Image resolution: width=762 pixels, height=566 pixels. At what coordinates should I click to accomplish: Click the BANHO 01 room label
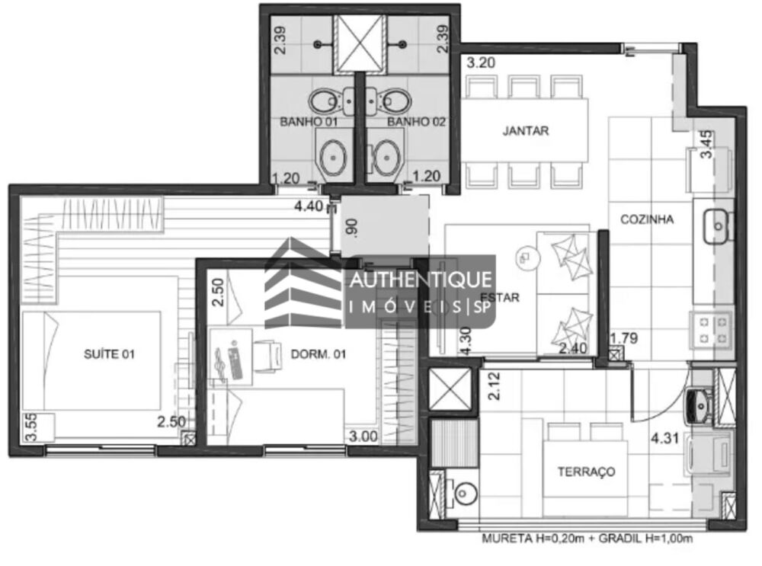point(309,121)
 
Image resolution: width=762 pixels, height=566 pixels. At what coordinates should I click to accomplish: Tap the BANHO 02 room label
point(415,121)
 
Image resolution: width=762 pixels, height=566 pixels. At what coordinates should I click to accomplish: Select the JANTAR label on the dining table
point(526,130)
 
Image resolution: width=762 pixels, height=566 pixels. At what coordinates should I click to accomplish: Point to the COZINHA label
point(647,219)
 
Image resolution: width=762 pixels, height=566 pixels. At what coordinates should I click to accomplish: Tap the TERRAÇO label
point(586,472)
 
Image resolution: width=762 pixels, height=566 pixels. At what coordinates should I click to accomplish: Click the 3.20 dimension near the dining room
point(481,63)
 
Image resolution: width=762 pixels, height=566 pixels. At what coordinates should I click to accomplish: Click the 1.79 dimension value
point(624,337)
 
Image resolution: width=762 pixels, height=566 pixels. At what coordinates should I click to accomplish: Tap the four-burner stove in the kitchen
point(712,328)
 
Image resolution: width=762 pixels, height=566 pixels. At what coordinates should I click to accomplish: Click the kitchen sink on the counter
point(716,222)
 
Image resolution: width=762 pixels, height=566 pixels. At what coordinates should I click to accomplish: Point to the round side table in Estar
point(524,258)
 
